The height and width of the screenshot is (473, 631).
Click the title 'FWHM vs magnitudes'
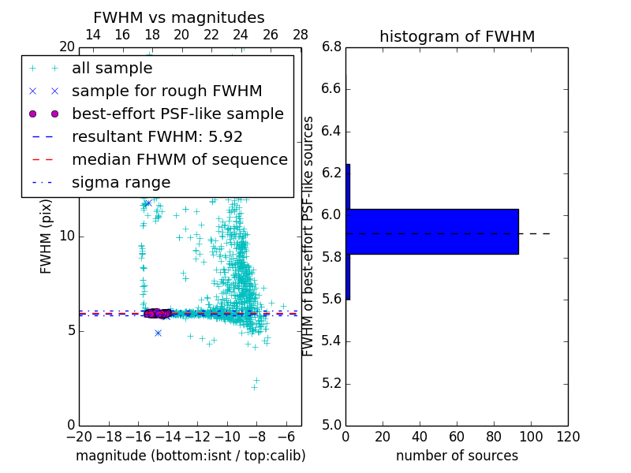(x=179, y=17)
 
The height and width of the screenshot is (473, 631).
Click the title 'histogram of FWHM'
(x=457, y=36)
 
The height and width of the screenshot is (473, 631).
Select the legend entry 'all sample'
(x=110, y=68)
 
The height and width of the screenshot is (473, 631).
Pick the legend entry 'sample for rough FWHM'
(x=166, y=91)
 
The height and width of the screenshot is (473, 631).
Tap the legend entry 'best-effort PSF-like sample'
(x=177, y=114)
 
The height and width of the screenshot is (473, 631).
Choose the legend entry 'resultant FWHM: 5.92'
(x=157, y=136)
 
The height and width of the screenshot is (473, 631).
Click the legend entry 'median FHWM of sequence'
(x=179, y=159)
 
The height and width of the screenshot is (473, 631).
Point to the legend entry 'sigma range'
(x=121, y=182)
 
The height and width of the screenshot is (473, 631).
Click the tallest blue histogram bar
(x=432, y=232)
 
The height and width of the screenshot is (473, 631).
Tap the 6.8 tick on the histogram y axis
(x=331, y=47)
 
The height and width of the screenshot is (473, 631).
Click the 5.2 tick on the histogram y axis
(x=331, y=383)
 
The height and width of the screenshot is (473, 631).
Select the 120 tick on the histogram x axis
(x=568, y=435)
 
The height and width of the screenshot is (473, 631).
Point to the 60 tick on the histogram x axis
(x=457, y=435)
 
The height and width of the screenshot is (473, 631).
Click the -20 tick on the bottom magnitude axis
(x=79, y=435)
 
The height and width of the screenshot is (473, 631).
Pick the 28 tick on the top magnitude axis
(x=301, y=35)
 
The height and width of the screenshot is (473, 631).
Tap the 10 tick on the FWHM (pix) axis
(x=67, y=236)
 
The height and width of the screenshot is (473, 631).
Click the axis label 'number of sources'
(x=457, y=456)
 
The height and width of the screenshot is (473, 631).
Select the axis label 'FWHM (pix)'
(x=47, y=240)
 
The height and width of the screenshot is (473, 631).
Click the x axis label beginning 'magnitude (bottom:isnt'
(x=190, y=456)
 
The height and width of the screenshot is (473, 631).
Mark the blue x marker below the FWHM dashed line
(x=158, y=333)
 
